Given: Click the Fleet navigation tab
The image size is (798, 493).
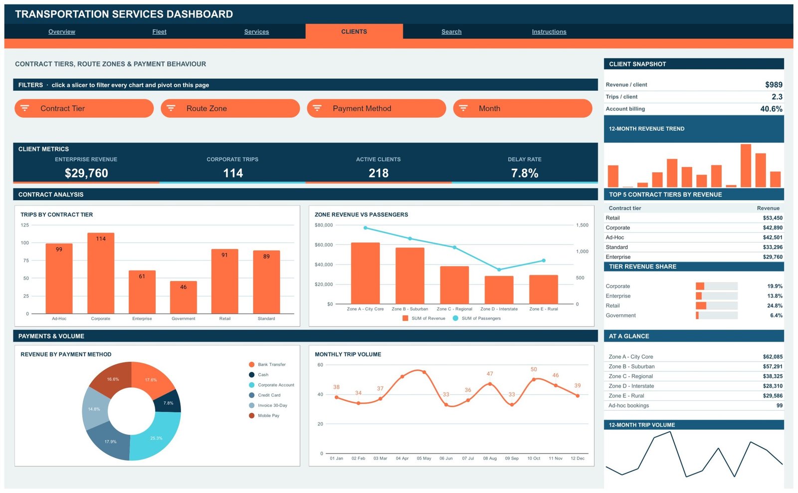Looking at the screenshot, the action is (x=159, y=32).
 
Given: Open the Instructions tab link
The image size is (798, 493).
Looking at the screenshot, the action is (x=549, y=32).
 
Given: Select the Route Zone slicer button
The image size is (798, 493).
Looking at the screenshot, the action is (x=230, y=108).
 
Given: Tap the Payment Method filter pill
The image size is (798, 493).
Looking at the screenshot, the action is (x=377, y=108).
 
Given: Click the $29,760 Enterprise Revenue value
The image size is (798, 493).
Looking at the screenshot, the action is (x=86, y=173).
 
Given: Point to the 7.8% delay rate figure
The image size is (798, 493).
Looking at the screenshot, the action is (x=525, y=173).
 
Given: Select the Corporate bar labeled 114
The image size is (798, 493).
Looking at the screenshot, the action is (x=101, y=273).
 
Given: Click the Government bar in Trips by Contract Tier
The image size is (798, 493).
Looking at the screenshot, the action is (x=184, y=298).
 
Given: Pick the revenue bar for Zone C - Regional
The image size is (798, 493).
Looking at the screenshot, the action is (x=454, y=285).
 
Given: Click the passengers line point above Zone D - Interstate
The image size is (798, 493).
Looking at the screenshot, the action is (x=499, y=269).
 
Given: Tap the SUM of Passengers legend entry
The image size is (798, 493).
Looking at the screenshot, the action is (x=477, y=318).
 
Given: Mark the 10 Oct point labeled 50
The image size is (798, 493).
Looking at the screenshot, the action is (x=534, y=380).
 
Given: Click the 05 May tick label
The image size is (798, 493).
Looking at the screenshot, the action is (x=424, y=459).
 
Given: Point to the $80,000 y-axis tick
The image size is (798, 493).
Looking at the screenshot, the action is (x=324, y=225).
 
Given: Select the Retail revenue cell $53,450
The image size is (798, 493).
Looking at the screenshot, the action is (x=773, y=218).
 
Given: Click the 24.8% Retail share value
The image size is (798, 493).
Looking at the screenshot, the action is (x=775, y=305).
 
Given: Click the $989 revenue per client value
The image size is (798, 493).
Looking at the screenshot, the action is (x=774, y=84).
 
